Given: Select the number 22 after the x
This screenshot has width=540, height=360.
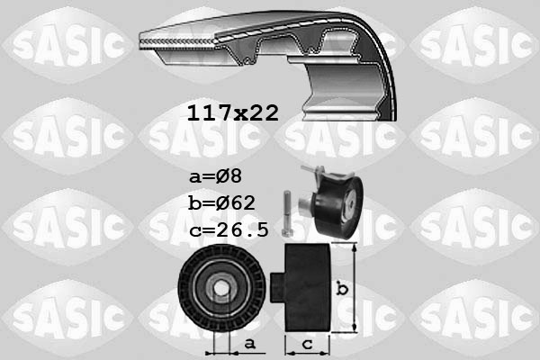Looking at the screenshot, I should coord(262,113).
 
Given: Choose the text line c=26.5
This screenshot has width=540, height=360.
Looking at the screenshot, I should coord(229,230).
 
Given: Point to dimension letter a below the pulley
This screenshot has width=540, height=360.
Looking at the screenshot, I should coord(249,343).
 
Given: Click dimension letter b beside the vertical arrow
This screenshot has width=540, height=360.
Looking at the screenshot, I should coord(342,289).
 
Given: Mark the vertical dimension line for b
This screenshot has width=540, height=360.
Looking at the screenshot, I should coord(358,288).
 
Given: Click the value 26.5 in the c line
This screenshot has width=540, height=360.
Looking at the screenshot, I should coord(243,230).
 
